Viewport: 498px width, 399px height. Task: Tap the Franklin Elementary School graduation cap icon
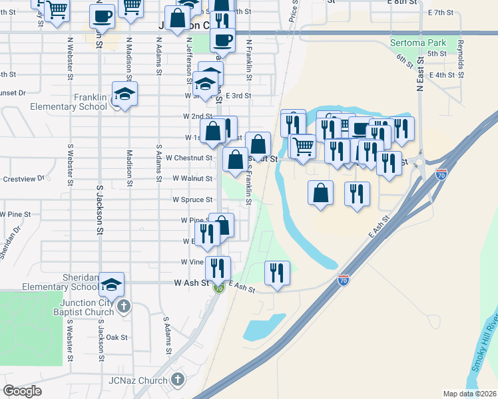pos(124,94)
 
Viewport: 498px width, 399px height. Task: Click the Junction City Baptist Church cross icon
pos(124,307)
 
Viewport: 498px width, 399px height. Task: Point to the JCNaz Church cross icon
pos(177,380)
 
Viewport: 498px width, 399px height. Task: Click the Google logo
pos(22,390)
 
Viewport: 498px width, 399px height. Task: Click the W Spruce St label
pos(192,199)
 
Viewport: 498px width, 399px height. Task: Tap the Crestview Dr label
pos(23,178)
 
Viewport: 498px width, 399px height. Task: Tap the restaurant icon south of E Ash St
pos(277,273)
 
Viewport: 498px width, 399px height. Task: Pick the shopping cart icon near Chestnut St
pos(304,146)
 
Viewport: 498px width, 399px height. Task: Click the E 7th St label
pos(441,13)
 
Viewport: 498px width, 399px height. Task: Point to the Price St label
pos(293,12)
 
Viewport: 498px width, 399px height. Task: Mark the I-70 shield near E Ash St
pos(344,281)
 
